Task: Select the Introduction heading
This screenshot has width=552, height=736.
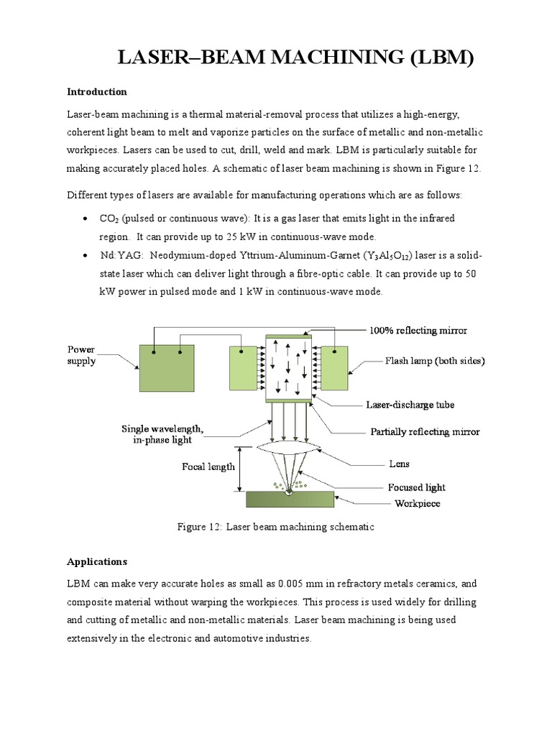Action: [97, 92]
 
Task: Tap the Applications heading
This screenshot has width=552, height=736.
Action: [97, 561]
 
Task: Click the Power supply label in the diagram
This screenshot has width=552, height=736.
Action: [81, 356]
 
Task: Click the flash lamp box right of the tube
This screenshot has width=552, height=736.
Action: [333, 369]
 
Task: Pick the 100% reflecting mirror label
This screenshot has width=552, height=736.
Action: [418, 331]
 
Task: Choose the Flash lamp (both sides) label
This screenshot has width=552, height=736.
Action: [435, 362]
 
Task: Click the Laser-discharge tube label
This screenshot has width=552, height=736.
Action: [410, 405]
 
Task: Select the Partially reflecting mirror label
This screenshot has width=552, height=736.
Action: [425, 432]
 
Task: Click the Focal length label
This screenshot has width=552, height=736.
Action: [208, 466]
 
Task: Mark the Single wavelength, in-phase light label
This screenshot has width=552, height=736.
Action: [162, 434]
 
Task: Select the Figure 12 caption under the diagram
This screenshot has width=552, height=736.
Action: [276, 527]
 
